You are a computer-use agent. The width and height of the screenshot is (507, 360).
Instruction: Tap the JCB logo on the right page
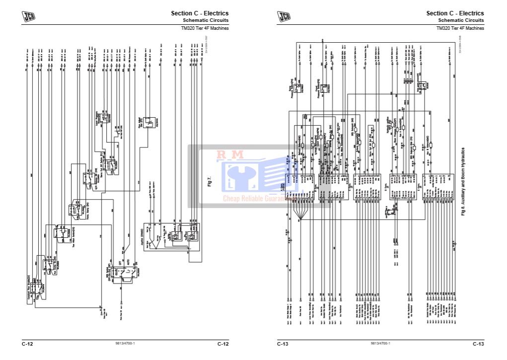(x=284, y=17)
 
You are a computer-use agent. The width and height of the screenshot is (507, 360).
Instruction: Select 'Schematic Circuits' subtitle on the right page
(x=461, y=20)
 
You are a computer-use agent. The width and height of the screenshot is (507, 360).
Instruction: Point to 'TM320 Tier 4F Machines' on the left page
(x=205, y=28)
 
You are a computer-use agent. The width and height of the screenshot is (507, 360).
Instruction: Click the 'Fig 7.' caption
(x=209, y=181)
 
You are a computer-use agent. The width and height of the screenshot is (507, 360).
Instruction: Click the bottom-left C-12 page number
(x=27, y=344)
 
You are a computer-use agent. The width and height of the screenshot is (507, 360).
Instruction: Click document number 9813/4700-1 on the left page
(x=125, y=344)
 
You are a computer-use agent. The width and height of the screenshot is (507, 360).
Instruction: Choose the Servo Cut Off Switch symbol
(x=110, y=165)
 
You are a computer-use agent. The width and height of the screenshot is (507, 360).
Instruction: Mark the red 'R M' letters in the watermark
(x=230, y=155)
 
